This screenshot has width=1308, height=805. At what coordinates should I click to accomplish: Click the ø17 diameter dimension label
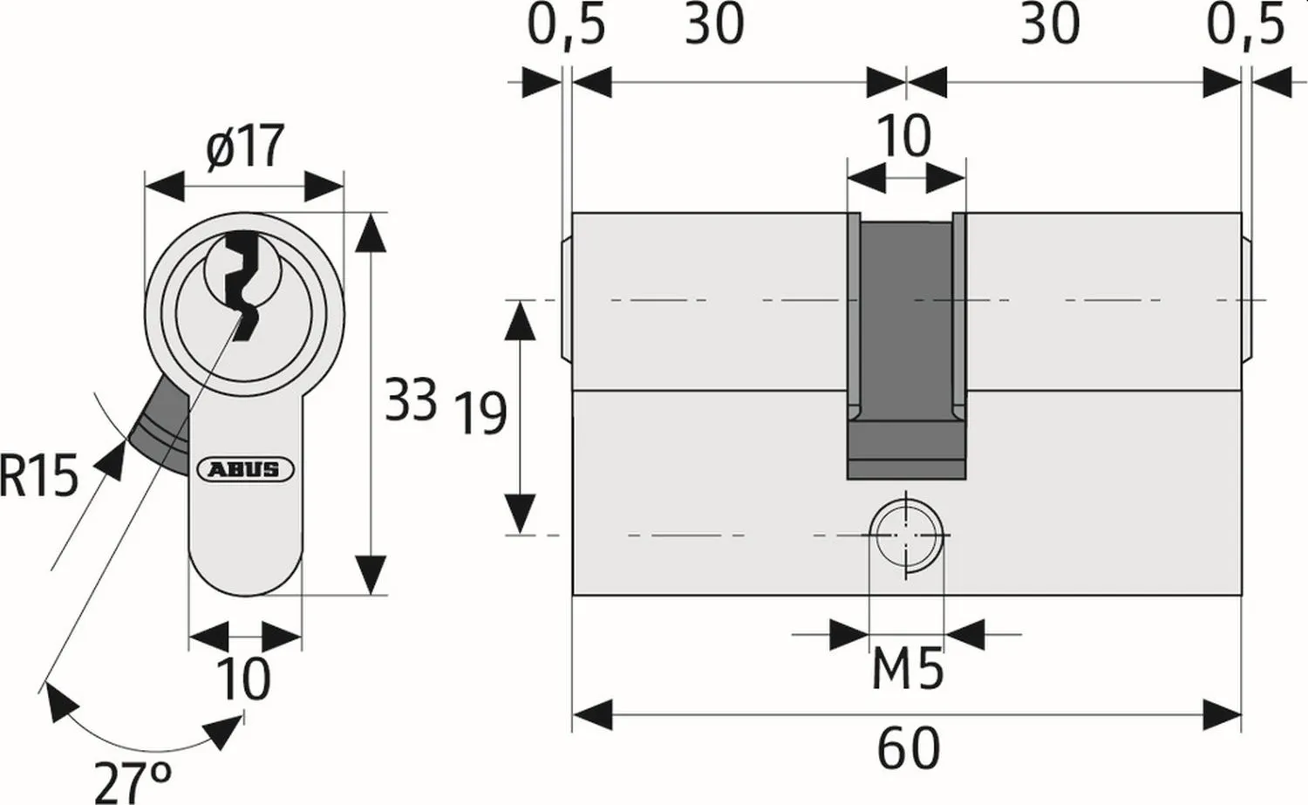tap(245, 147)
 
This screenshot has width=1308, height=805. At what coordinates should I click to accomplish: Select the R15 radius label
tap(38, 476)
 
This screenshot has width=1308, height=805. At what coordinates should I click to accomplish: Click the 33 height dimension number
tap(411, 400)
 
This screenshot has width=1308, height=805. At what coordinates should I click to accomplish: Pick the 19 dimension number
tap(480, 413)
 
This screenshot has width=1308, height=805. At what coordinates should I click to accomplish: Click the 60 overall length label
tap(908, 748)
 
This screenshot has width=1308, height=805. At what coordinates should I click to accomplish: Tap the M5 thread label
tap(908, 671)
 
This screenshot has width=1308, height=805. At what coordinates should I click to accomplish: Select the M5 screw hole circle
tap(907, 535)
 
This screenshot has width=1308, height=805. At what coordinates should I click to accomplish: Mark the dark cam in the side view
tap(907, 349)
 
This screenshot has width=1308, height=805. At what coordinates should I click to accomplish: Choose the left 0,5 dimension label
tap(565, 24)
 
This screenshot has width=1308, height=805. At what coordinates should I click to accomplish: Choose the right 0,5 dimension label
tap(1245, 24)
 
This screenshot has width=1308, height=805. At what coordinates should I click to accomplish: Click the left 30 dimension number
tap(714, 24)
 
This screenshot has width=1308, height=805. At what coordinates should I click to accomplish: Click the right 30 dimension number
tap(1050, 24)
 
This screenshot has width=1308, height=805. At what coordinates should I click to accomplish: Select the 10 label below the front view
tap(243, 679)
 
